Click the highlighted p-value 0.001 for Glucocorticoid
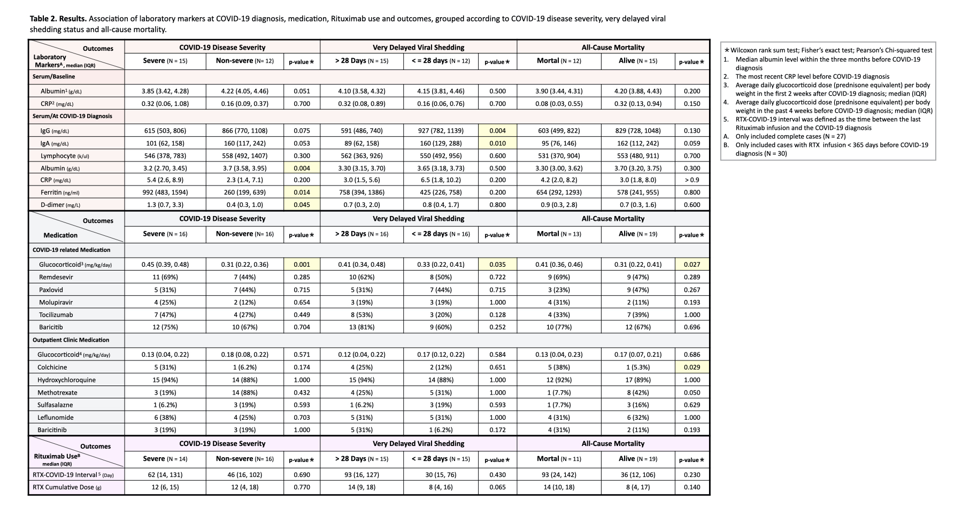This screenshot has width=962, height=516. [302, 265]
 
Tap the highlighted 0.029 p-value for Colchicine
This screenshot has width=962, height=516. [691, 367]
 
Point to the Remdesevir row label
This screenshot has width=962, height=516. [56, 278]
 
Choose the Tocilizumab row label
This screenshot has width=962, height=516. [56, 315]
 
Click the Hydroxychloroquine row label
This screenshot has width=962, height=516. [66, 380]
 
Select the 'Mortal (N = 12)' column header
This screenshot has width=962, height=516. [559, 61]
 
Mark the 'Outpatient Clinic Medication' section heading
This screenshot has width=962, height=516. [71, 340]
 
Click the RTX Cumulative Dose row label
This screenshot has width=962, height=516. [67, 487]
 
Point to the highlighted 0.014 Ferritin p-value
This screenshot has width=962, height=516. [302, 192]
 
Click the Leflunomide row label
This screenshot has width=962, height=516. [56, 418]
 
